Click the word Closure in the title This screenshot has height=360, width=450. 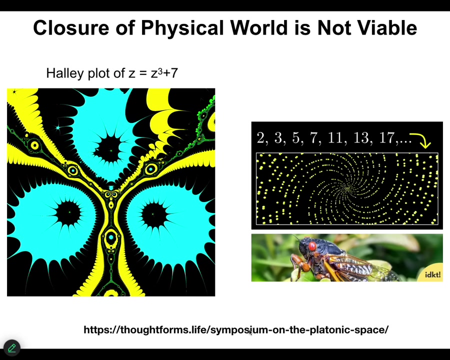(71, 28)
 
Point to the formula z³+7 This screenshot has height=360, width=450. (164, 73)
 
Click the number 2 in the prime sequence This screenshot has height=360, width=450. (261, 138)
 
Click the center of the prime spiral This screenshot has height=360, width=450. (347, 188)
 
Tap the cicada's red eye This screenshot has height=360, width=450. (312, 246)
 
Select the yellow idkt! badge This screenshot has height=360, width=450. (432, 273)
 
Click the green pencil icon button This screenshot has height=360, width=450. (12, 348)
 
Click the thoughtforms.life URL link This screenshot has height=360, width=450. (236, 329)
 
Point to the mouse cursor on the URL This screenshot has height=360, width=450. (250, 332)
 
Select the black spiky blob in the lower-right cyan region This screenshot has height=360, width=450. (153, 214)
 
